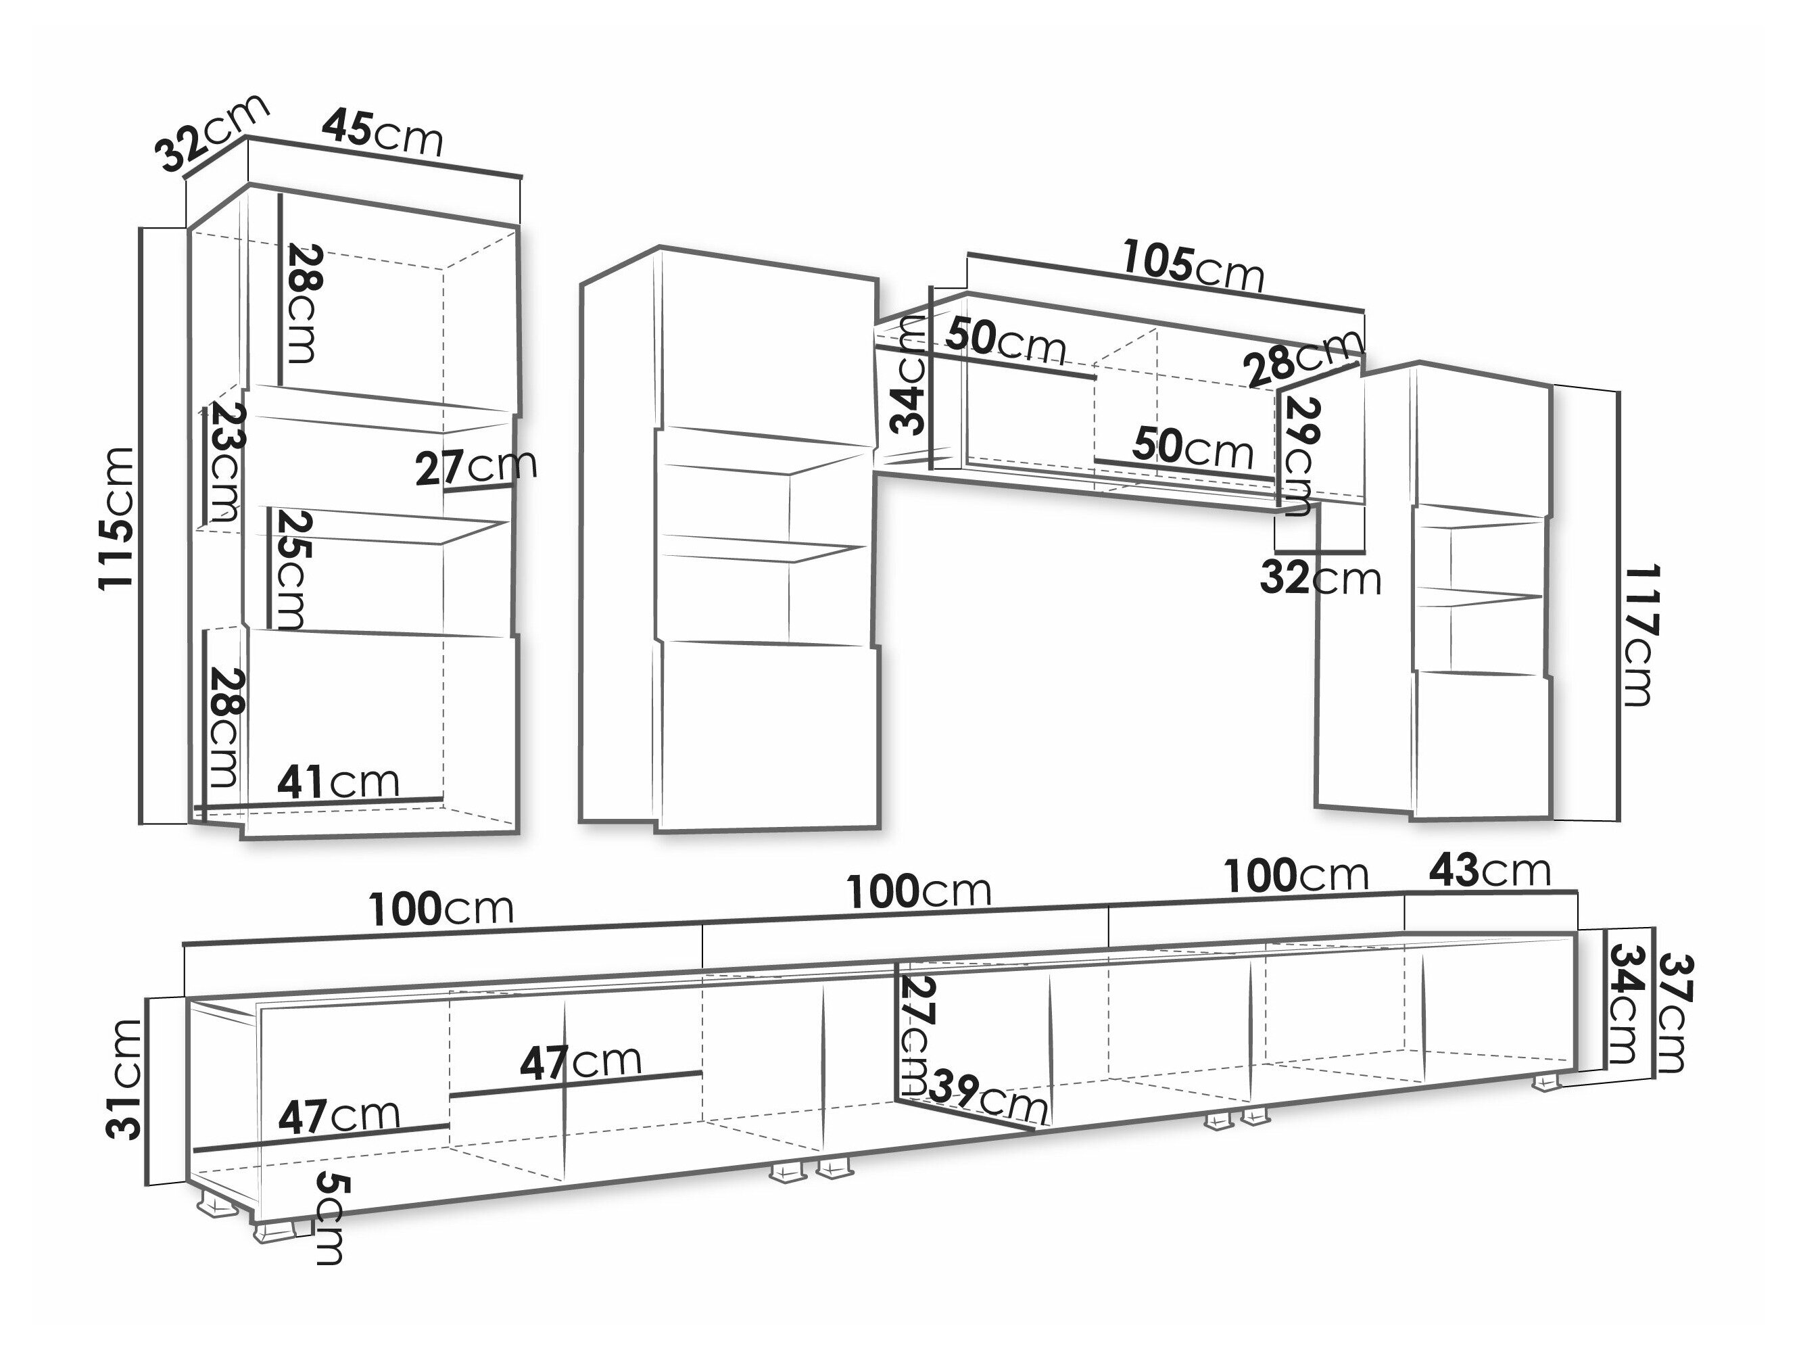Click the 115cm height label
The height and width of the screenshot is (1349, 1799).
[116, 518]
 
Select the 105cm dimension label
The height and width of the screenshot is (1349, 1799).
[1193, 266]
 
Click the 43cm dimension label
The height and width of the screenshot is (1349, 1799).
[1490, 870]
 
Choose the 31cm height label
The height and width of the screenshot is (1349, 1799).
[124, 1080]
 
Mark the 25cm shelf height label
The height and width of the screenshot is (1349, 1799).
[288, 569]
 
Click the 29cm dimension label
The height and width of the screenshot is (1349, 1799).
[1299, 456]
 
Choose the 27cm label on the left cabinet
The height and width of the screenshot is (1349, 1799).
[476, 467]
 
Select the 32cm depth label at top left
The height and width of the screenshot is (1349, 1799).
[213, 133]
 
